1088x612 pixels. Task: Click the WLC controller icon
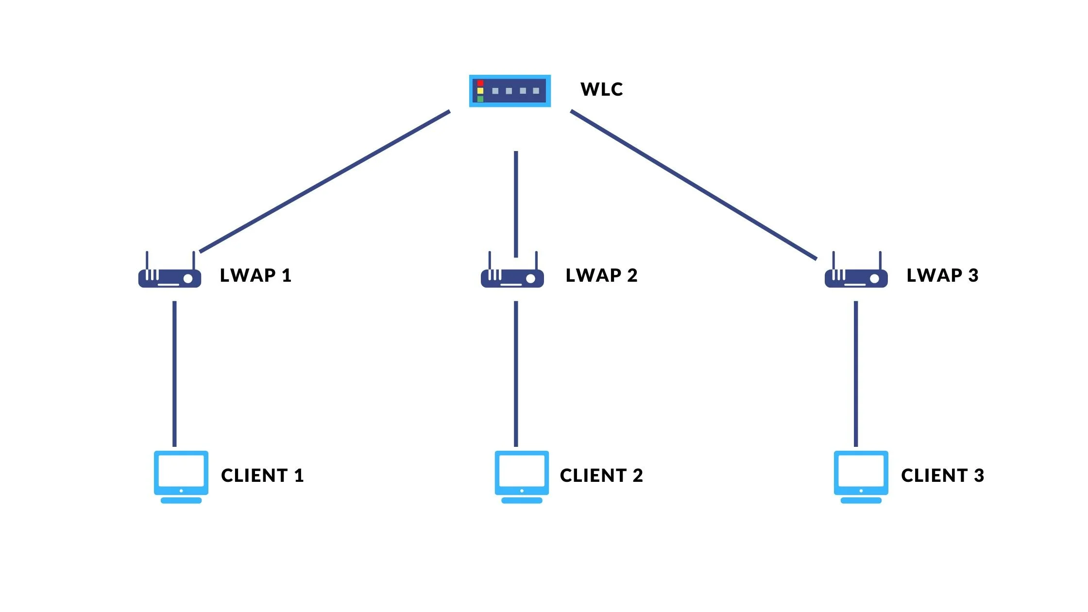click(x=510, y=91)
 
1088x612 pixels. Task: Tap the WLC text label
click(x=601, y=89)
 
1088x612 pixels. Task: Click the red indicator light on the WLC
click(x=480, y=83)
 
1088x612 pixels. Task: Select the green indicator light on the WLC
click(x=480, y=99)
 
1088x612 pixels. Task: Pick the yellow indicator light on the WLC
click(x=480, y=91)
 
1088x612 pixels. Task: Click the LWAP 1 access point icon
click(x=170, y=277)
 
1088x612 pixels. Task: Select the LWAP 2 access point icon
click(x=512, y=277)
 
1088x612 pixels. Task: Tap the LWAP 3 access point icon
click(x=856, y=277)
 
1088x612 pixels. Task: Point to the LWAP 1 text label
click(x=255, y=275)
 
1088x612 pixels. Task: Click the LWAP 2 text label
click(x=601, y=275)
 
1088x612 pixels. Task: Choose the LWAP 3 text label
click(x=942, y=275)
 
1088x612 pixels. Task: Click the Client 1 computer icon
click(x=181, y=476)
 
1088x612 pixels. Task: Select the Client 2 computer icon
click(x=522, y=476)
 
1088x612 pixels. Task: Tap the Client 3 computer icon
click(x=861, y=476)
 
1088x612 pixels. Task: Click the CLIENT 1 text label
click(x=262, y=476)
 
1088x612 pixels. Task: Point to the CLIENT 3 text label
click(x=942, y=476)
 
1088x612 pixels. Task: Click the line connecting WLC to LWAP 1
click(x=324, y=182)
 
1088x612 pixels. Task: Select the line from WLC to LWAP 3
click(x=694, y=185)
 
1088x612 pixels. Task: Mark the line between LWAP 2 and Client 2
click(x=516, y=374)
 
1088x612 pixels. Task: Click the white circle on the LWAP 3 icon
click(x=874, y=279)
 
